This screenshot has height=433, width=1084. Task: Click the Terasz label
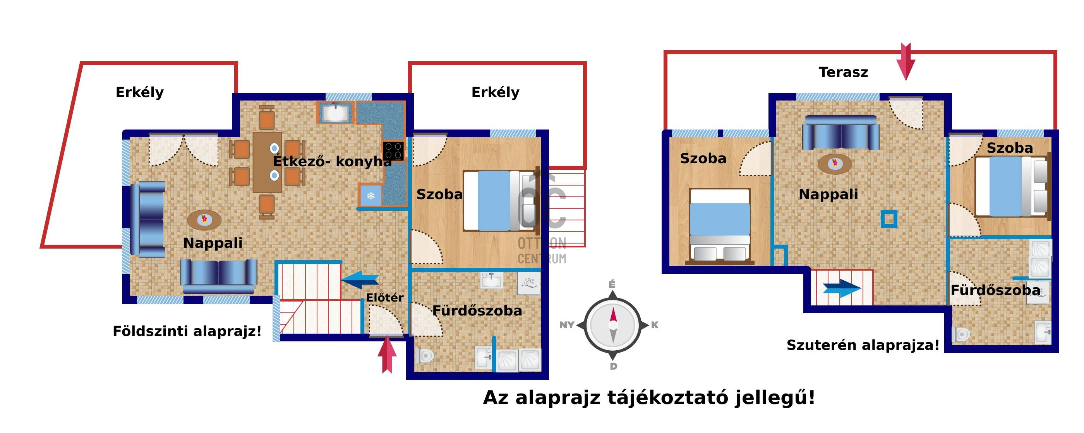click(843, 72)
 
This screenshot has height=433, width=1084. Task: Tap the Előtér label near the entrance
click(384, 298)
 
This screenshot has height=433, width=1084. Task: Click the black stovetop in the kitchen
click(393, 151)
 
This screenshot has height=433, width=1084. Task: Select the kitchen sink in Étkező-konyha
click(335, 112)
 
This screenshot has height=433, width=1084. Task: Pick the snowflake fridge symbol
click(371, 196)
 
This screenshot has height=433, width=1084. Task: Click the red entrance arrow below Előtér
click(387, 356)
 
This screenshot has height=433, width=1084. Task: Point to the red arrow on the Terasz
click(906, 62)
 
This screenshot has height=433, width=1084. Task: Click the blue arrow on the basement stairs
click(842, 288)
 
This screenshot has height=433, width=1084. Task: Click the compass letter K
click(654, 325)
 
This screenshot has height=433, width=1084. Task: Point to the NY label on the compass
click(566, 325)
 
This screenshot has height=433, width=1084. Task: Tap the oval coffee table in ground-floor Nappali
click(204, 220)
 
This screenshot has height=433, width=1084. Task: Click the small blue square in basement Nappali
click(889, 218)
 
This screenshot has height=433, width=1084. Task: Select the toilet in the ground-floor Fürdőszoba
click(425, 356)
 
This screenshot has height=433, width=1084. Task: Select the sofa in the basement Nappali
click(841, 133)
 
